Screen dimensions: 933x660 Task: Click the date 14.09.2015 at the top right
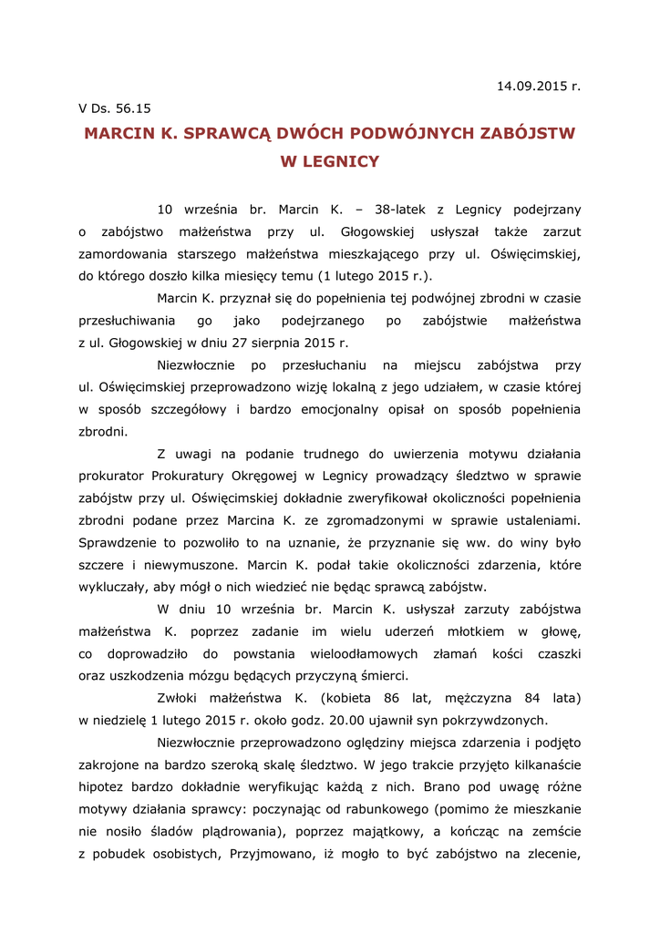point(532,87)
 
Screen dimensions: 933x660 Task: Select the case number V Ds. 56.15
point(115,108)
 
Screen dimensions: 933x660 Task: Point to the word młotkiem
point(496,631)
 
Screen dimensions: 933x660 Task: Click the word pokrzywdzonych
point(497,720)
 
